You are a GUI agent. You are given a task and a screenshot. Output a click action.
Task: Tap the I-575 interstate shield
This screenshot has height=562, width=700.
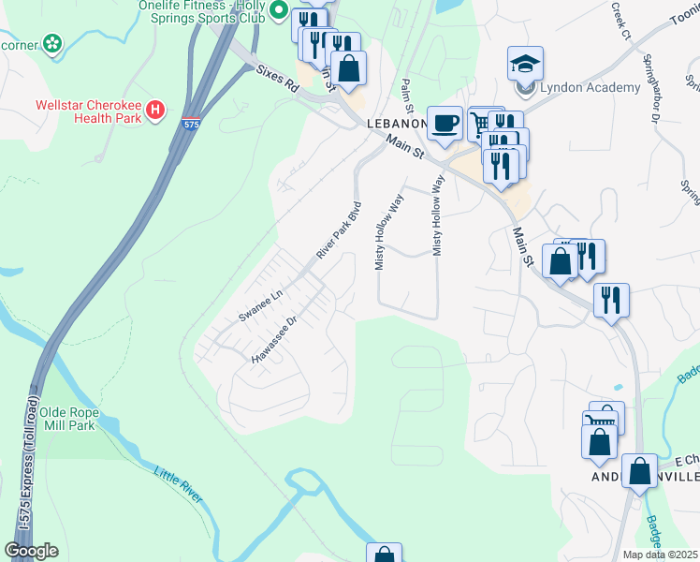click(x=191, y=122)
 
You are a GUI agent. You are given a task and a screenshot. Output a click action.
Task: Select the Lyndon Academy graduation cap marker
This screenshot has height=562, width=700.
click(x=525, y=64)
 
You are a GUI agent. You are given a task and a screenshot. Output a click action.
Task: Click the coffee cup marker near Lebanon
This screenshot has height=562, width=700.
click(x=445, y=122)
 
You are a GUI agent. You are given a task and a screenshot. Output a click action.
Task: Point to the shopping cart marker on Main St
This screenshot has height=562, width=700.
click(x=481, y=122)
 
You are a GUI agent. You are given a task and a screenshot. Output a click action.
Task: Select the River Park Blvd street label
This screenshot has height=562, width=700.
click(x=338, y=229)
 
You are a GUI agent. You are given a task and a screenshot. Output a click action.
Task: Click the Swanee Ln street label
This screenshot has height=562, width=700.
click(x=259, y=306)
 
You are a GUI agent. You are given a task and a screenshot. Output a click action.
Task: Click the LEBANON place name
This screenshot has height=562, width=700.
click(x=394, y=124)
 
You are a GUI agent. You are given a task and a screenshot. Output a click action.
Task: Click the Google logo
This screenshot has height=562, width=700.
click(x=31, y=551)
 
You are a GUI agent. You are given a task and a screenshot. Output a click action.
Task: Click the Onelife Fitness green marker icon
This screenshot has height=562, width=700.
click(x=278, y=11)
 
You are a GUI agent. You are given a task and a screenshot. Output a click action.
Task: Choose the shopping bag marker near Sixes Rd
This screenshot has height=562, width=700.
click(x=348, y=67)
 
